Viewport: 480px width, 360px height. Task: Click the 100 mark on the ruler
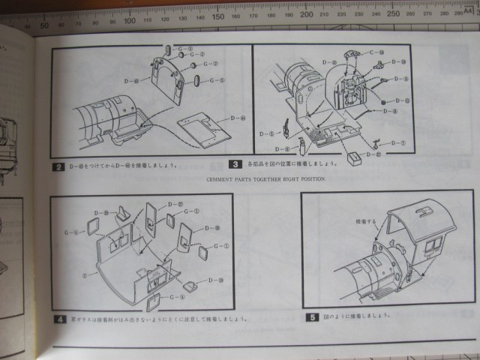tap(130, 20)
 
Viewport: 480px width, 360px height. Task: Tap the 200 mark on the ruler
tap(306, 14)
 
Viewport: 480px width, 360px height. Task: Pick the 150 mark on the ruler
tap(218, 17)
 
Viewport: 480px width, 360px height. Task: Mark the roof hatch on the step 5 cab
tap(430, 212)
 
